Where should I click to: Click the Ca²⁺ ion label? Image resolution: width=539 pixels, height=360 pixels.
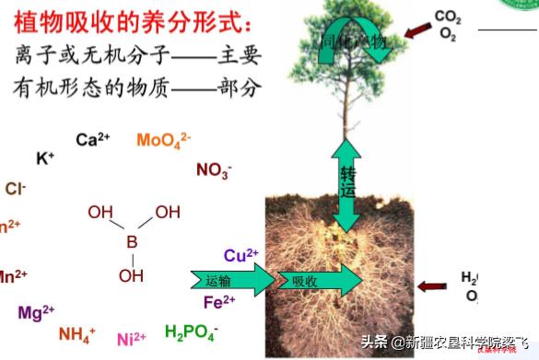(92, 140)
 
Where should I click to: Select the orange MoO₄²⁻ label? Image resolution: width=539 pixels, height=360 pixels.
(163, 140)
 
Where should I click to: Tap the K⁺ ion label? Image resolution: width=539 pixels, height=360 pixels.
(45, 158)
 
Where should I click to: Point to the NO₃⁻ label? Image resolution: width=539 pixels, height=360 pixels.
(214, 169)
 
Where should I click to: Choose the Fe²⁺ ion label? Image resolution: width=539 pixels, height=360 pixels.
(219, 301)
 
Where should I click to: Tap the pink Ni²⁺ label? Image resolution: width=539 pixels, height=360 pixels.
(131, 339)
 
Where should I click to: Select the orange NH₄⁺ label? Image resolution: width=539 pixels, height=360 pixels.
(76, 334)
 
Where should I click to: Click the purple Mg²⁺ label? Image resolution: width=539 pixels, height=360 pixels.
(36, 312)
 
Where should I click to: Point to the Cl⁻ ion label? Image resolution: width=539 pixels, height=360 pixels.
(15, 189)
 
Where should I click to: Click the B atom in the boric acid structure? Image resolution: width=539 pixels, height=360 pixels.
(131, 242)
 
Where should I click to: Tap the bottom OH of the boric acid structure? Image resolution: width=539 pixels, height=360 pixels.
(131, 274)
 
